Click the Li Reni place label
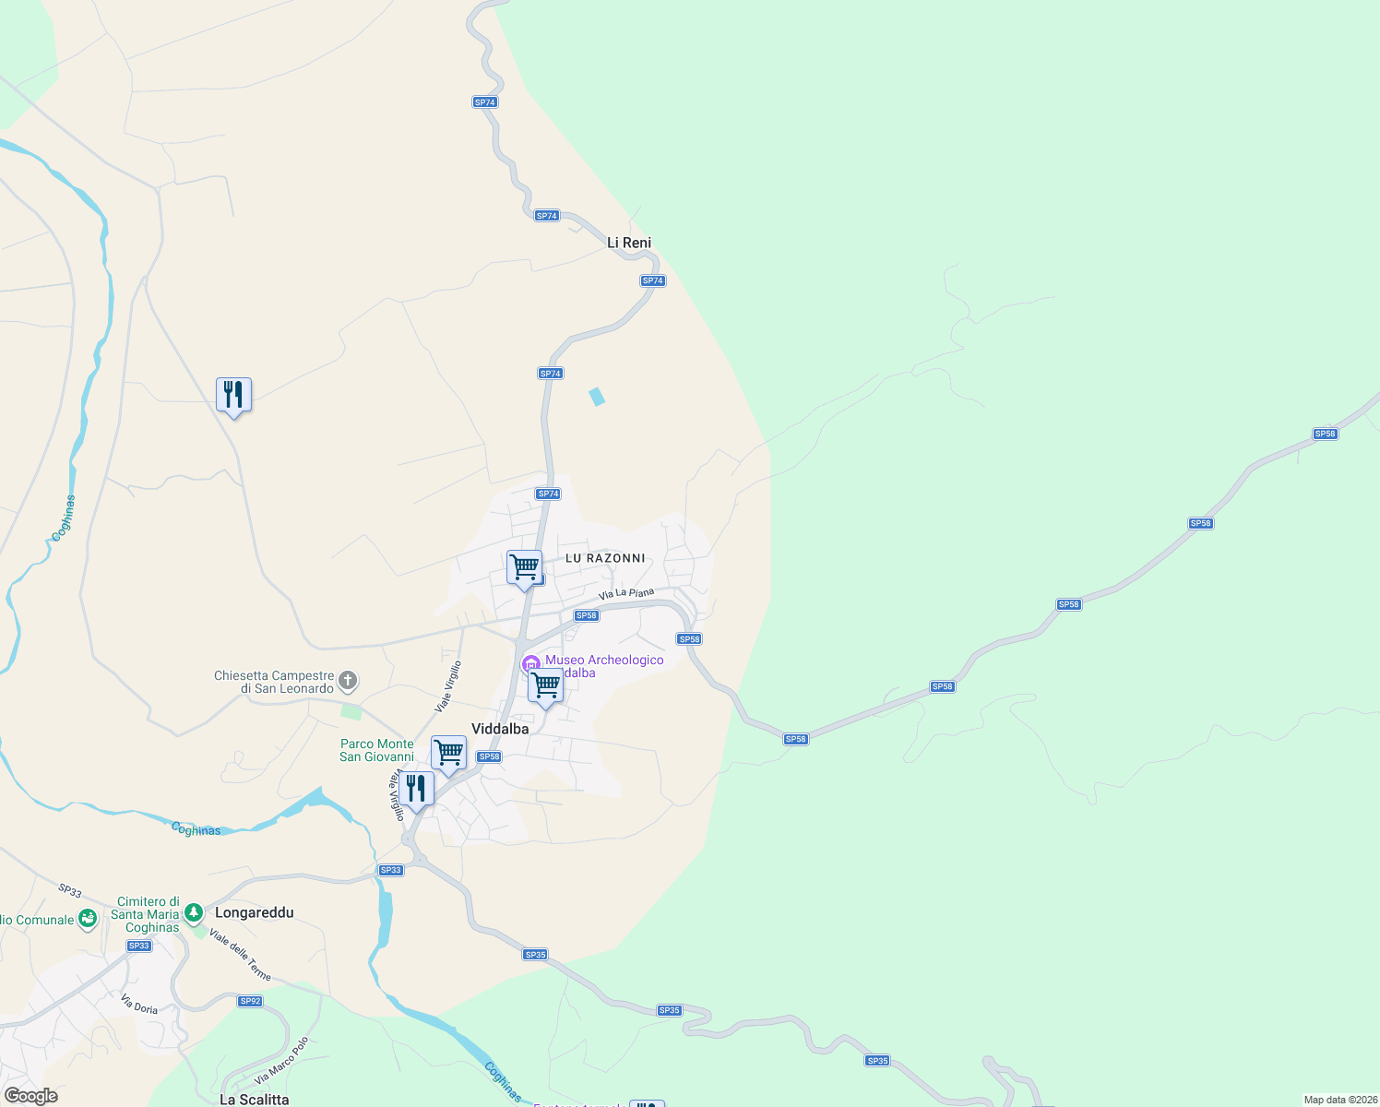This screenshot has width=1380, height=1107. pyautogui.click(x=629, y=243)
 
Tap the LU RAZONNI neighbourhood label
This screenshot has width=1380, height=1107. pyautogui.click(x=605, y=558)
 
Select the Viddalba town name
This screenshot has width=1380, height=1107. pyautogui.click(x=500, y=729)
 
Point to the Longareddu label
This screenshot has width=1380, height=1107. pyautogui.click(x=254, y=912)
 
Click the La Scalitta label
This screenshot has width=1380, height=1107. pyautogui.click(x=254, y=1099)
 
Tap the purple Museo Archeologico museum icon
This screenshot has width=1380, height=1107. pyautogui.click(x=531, y=663)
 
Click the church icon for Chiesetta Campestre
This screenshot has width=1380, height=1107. pyautogui.click(x=348, y=682)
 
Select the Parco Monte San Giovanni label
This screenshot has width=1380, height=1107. pyautogui.click(x=376, y=750)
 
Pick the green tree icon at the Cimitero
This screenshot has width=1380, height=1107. pyautogui.click(x=193, y=913)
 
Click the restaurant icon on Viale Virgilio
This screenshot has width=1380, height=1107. pyautogui.click(x=417, y=790)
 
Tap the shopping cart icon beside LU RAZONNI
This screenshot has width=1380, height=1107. pyautogui.click(x=524, y=566)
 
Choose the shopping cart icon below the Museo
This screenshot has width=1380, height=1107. pyautogui.click(x=545, y=685)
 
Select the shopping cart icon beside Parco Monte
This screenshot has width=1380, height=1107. pyautogui.click(x=448, y=753)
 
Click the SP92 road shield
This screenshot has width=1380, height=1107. pyautogui.click(x=250, y=1001)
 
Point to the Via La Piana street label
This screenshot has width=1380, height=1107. pyautogui.click(x=626, y=594)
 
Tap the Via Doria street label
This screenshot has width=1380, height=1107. pyautogui.click(x=139, y=1004)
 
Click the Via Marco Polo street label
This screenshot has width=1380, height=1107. pyautogui.click(x=281, y=1062)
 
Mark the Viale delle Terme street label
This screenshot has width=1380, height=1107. pyautogui.click(x=240, y=955)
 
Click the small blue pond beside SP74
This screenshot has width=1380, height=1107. pyautogui.click(x=597, y=397)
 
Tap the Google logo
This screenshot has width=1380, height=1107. pyautogui.click(x=31, y=1096)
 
